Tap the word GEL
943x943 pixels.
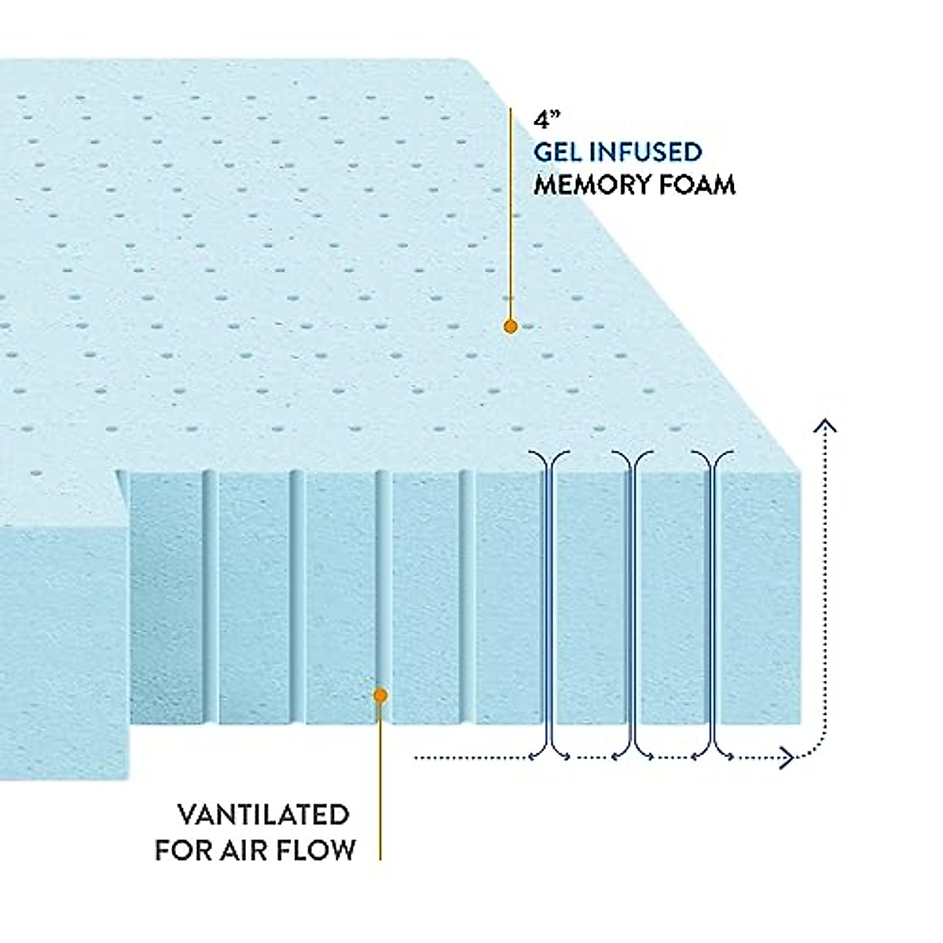(x=560, y=152)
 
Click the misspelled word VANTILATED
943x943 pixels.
(x=263, y=815)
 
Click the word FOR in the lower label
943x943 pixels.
(x=184, y=849)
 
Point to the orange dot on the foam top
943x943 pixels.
(x=510, y=326)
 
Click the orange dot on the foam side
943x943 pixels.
(x=380, y=695)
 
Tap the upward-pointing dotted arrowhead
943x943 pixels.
(x=824, y=427)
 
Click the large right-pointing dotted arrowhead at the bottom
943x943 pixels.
(x=786, y=758)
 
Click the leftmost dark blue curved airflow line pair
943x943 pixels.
(x=550, y=605)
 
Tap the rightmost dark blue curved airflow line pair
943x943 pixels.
(x=714, y=605)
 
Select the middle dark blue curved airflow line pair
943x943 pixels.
(x=633, y=605)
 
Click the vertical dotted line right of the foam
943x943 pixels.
(x=824, y=589)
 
